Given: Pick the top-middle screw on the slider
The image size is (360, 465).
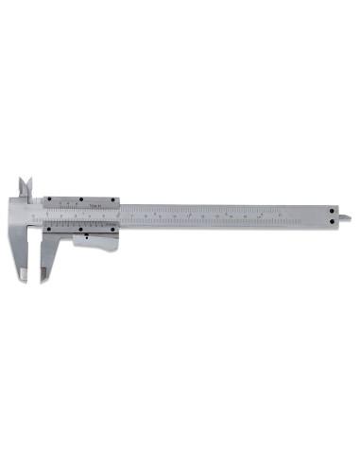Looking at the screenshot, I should point(83,199).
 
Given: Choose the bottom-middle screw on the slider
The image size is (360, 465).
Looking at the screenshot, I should point(83,228).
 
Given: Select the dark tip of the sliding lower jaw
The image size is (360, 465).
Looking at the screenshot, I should point(43,275).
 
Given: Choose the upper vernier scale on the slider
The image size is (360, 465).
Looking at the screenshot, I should point(83,204).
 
